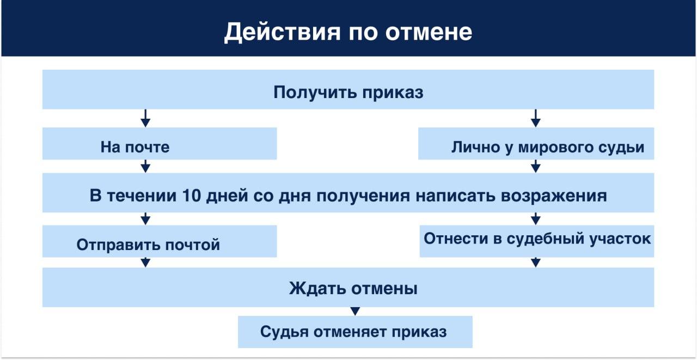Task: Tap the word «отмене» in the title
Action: coord(429,32)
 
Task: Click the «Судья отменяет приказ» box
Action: coord(354,332)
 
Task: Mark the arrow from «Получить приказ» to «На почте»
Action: coord(145,118)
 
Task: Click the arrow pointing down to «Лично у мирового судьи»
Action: coord(535,118)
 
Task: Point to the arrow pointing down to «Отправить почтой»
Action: coord(145,218)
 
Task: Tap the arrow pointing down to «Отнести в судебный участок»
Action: coord(535,218)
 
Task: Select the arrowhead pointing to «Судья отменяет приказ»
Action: coord(355,312)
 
